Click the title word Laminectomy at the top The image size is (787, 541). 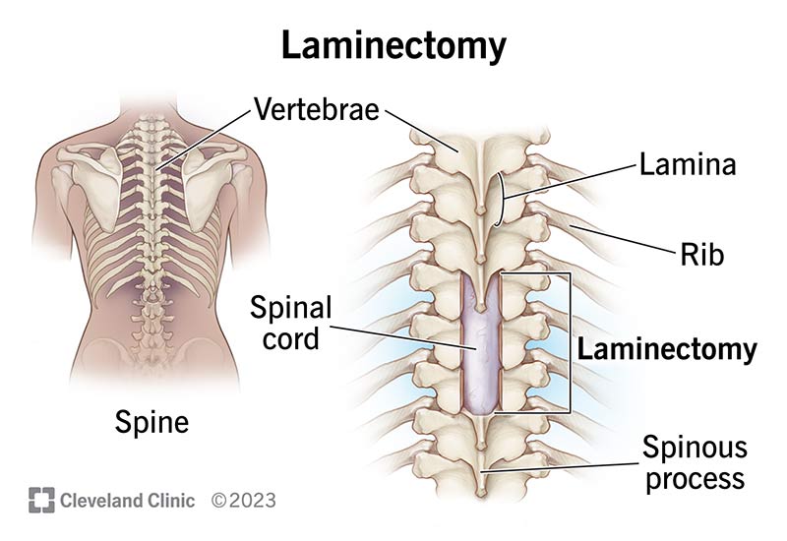coord(393,45)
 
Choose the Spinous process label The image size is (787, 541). coord(695,465)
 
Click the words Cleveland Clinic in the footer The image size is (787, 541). coord(127,500)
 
